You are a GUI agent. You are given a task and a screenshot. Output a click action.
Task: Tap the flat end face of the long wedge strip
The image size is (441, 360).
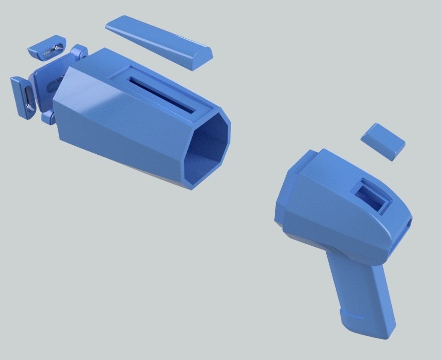click(203, 58)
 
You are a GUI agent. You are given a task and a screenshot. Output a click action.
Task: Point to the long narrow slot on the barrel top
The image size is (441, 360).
click(162, 95)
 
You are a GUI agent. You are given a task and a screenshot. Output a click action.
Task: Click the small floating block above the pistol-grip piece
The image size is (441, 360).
click(383, 141)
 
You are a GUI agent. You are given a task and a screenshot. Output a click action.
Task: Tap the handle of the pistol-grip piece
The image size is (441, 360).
click(360, 293)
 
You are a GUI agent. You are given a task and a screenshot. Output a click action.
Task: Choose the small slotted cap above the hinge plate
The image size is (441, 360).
click(46, 49)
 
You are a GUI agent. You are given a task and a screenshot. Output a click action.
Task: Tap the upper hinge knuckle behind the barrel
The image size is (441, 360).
click(80, 53)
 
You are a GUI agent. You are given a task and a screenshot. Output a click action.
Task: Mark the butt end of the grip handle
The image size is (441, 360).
click(369, 331)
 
